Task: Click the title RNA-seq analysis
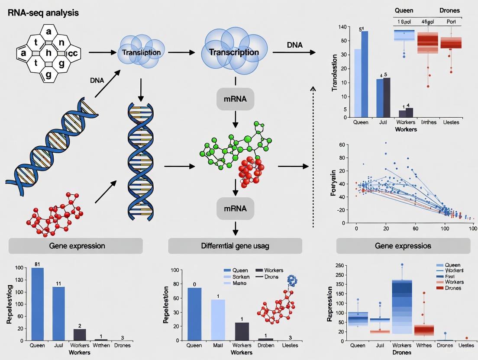[43, 13]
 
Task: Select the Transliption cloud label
[141, 52]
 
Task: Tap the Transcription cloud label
[234, 52]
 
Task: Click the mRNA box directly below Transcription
[235, 99]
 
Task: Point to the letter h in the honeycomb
[49, 53]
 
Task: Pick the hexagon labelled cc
[72, 53]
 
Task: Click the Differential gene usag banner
[235, 246]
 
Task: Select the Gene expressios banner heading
[403, 246]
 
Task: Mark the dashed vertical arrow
[313, 156]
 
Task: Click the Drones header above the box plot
[449, 10]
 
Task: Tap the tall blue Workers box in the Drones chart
[402, 306]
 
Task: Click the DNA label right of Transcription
[294, 45]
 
